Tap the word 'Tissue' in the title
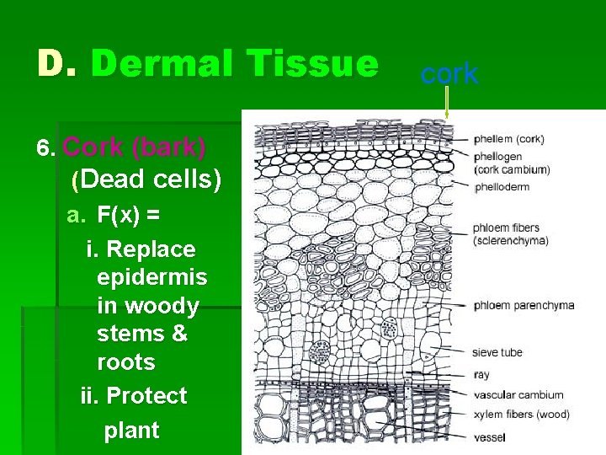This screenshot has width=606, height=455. (309, 63)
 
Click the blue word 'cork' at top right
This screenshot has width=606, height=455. (449, 74)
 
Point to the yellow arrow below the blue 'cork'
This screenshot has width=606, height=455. (447, 104)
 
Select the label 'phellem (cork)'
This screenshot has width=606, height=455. (508, 139)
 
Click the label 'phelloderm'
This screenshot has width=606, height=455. (502, 186)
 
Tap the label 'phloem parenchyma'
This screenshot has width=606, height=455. (524, 305)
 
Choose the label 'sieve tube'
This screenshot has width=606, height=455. (497, 354)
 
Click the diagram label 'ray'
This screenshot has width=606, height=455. (481, 375)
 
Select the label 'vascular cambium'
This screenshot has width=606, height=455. (518, 394)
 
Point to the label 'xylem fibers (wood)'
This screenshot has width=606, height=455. (521, 415)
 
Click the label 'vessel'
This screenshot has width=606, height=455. (489, 437)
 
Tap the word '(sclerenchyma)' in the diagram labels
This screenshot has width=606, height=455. (511, 240)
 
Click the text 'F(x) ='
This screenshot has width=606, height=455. (129, 215)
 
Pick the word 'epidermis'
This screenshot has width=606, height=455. (151, 277)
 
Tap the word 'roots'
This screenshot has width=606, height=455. (126, 362)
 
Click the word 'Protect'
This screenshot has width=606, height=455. (146, 396)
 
